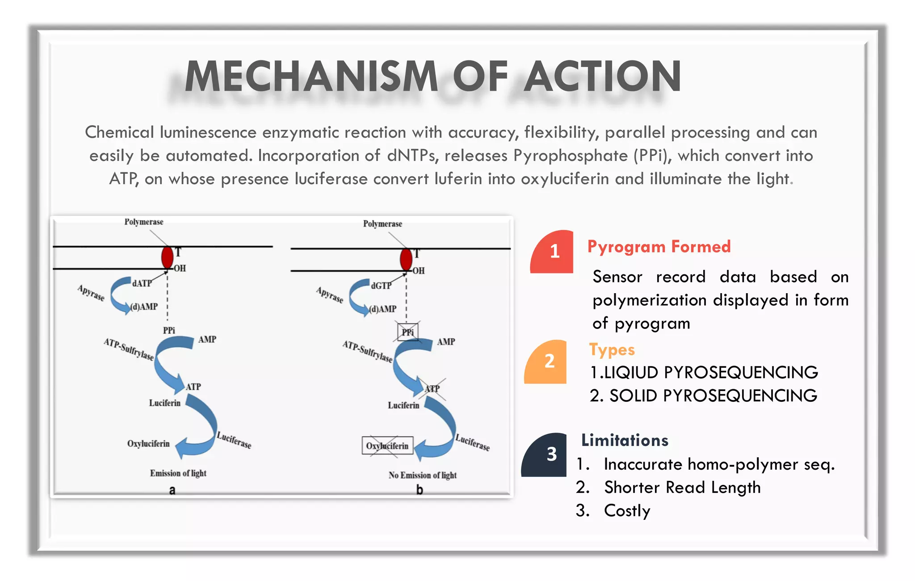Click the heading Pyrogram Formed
click(659, 247)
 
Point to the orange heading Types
click(612, 349)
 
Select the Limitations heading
click(625, 440)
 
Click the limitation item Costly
click(627, 510)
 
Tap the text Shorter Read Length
click(682, 487)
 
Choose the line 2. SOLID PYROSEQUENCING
click(703, 396)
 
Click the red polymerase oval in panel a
click(167, 257)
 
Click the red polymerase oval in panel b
click(406, 259)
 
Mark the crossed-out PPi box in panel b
click(407, 332)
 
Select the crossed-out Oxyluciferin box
click(387, 446)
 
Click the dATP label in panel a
click(142, 283)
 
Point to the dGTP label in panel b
click(381, 286)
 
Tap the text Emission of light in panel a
click(178, 473)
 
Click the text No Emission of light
click(422, 475)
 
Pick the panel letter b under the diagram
click(419, 490)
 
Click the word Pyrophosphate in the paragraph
click(571, 156)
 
